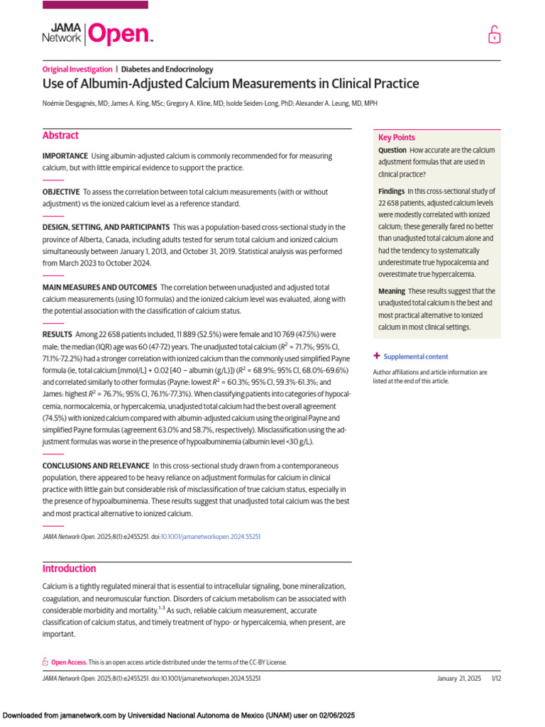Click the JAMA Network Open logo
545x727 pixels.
pos(97,33)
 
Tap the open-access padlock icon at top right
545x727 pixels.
pos(493,35)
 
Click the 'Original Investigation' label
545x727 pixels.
pos(77,70)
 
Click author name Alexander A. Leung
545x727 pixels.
pos(333,104)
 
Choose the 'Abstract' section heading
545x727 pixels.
pos(60,136)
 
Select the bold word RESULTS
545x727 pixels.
pos(57,334)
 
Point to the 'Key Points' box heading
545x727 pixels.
pos(397,138)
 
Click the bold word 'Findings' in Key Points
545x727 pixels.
pos(391,192)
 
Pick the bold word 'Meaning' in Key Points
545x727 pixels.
pos(391,291)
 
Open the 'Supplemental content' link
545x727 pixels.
pos(415,356)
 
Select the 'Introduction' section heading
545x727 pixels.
pos(69,569)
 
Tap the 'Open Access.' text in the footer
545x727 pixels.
pos(70,662)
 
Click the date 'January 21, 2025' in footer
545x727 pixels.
pos(458,679)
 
